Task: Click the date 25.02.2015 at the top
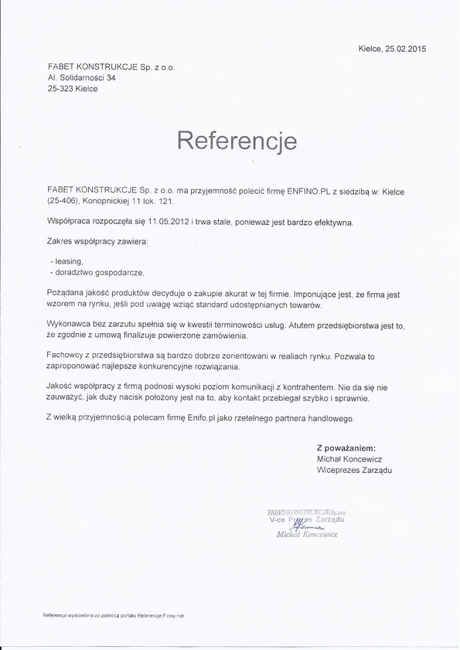(405, 49)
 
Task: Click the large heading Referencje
(237, 140)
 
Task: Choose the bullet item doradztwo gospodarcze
(99, 273)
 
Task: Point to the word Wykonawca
(70, 325)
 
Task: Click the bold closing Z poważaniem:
(346, 448)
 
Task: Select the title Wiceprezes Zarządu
(354, 470)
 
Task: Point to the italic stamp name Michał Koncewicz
(306, 534)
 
